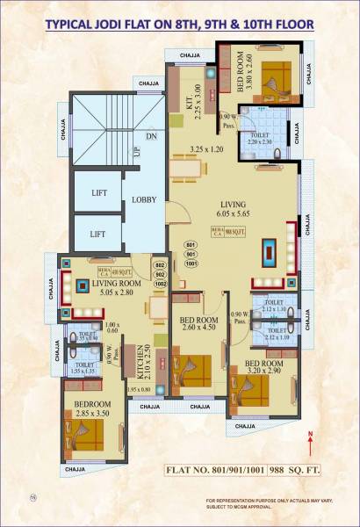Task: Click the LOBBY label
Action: (x=144, y=199)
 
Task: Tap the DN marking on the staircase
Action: (x=151, y=136)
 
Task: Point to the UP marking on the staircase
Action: (x=135, y=153)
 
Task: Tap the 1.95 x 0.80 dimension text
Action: (x=139, y=389)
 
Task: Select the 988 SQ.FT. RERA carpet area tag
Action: (x=227, y=231)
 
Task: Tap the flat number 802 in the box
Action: (x=160, y=264)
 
